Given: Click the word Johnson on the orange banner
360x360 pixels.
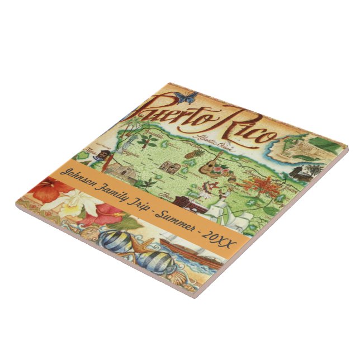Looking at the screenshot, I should tap(84, 176).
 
